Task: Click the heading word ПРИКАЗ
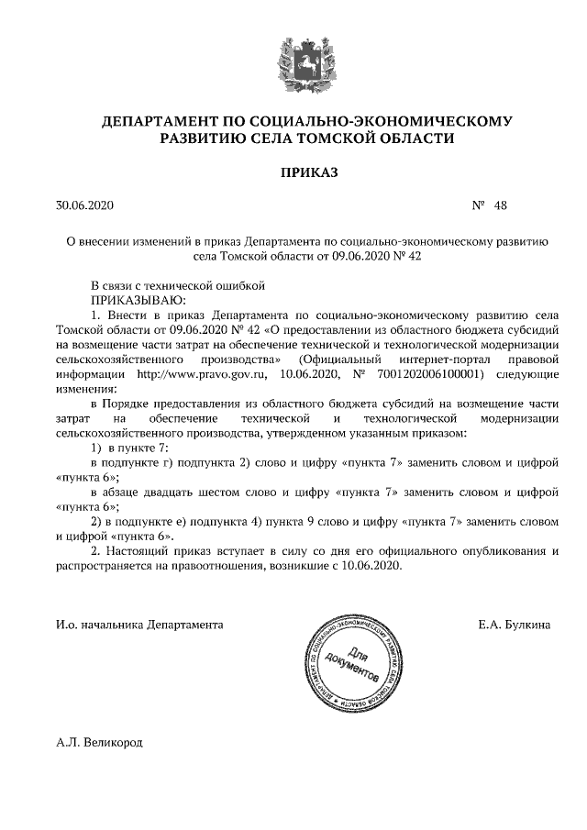295,172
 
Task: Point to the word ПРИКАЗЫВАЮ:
138,299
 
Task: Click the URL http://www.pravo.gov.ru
194,374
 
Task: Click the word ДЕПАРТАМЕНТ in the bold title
161,120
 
